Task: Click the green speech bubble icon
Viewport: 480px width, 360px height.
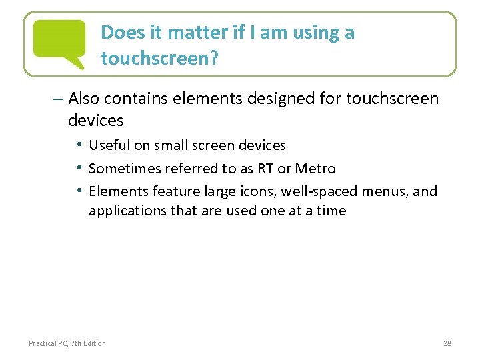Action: point(59,41)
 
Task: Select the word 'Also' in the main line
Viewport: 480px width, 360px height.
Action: point(84,99)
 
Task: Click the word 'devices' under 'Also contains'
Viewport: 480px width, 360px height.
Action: point(95,121)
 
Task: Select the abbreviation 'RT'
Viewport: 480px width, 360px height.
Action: point(264,168)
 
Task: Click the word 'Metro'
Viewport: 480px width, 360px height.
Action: point(315,168)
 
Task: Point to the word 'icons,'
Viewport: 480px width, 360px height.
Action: point(256,191)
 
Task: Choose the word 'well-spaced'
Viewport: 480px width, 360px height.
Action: point(319,191)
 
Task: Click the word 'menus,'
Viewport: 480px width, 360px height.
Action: point(385,191)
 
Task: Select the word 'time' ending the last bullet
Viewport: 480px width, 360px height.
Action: point(332,211)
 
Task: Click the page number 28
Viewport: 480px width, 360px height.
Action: point(447,343)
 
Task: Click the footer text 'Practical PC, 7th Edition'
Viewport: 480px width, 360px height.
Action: point(67,343)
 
